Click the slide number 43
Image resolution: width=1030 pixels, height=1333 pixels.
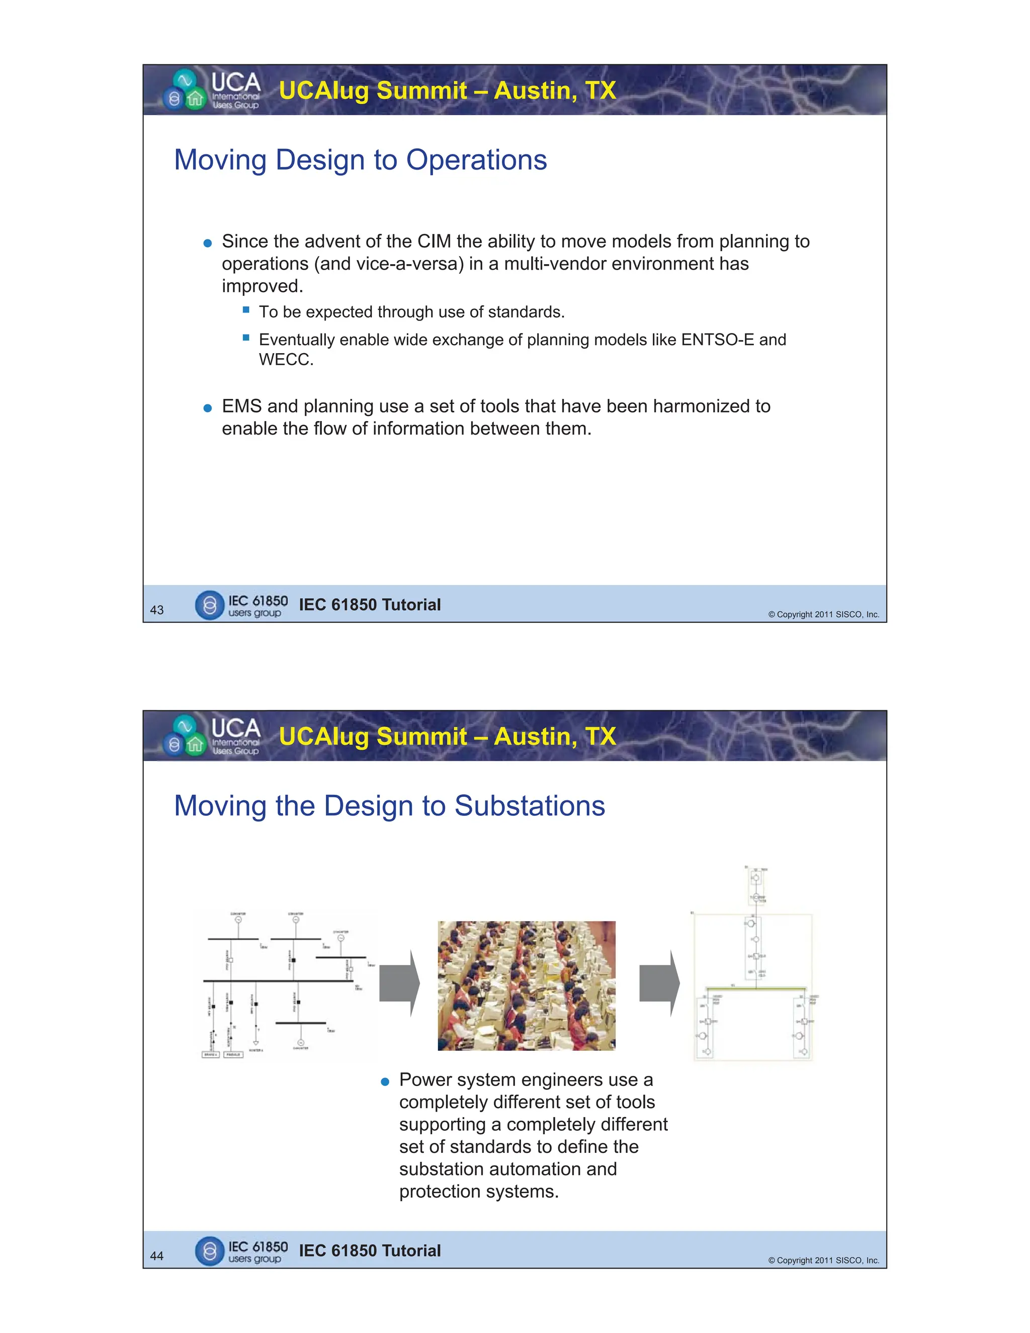tap(157, 610)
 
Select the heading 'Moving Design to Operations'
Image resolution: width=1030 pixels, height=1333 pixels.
tap(360, 160)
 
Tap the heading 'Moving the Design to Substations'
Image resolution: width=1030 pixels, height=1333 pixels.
tap(389, 806)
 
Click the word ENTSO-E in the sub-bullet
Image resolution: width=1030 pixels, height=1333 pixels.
tap(717, 340)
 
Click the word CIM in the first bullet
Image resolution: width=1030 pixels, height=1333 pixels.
tap(434, 241)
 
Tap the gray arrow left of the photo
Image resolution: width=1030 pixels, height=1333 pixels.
tap(399, 983)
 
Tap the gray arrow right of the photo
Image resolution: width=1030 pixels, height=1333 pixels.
tap(659, 983)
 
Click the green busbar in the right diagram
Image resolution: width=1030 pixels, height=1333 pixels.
tap(755, 987)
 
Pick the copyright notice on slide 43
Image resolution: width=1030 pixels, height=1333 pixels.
tap(823, 615)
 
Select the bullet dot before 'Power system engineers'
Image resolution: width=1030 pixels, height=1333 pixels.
tap(384, 1082)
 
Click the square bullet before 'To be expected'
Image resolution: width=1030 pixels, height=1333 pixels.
tap(246, 310)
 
